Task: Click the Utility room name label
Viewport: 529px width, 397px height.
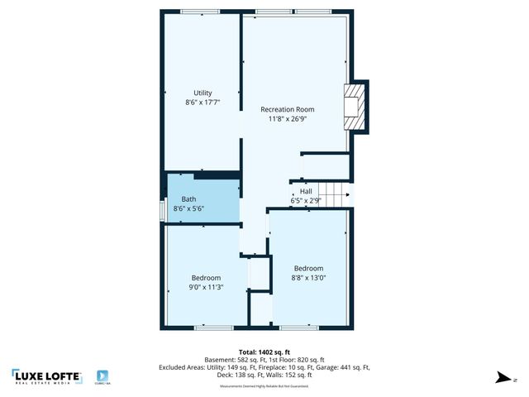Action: [203, 93]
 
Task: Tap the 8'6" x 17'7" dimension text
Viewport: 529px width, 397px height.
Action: [203, 103]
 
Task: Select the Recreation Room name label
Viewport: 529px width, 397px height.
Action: [287, 109]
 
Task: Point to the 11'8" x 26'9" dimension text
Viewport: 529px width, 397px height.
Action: [287, 119]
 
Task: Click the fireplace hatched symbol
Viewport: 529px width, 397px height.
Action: [354, 106]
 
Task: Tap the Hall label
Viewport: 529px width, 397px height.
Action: [306, 191]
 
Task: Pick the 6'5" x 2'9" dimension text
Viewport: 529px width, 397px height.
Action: [306, 200]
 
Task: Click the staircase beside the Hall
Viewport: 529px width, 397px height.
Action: [336, 195]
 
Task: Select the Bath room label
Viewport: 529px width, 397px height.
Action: [188, 199]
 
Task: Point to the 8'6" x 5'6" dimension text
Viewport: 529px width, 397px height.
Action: [188, 209]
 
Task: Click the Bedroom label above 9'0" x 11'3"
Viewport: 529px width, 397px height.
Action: [206, 277]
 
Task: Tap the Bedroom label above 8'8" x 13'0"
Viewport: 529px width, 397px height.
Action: [309, 268]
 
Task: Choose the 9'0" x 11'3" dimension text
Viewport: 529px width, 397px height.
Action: [206, 287]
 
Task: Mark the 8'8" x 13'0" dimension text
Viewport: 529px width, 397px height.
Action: [309, 278]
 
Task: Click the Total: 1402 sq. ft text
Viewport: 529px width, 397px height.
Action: [264, 352]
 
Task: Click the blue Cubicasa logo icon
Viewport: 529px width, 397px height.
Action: [103, 375]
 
